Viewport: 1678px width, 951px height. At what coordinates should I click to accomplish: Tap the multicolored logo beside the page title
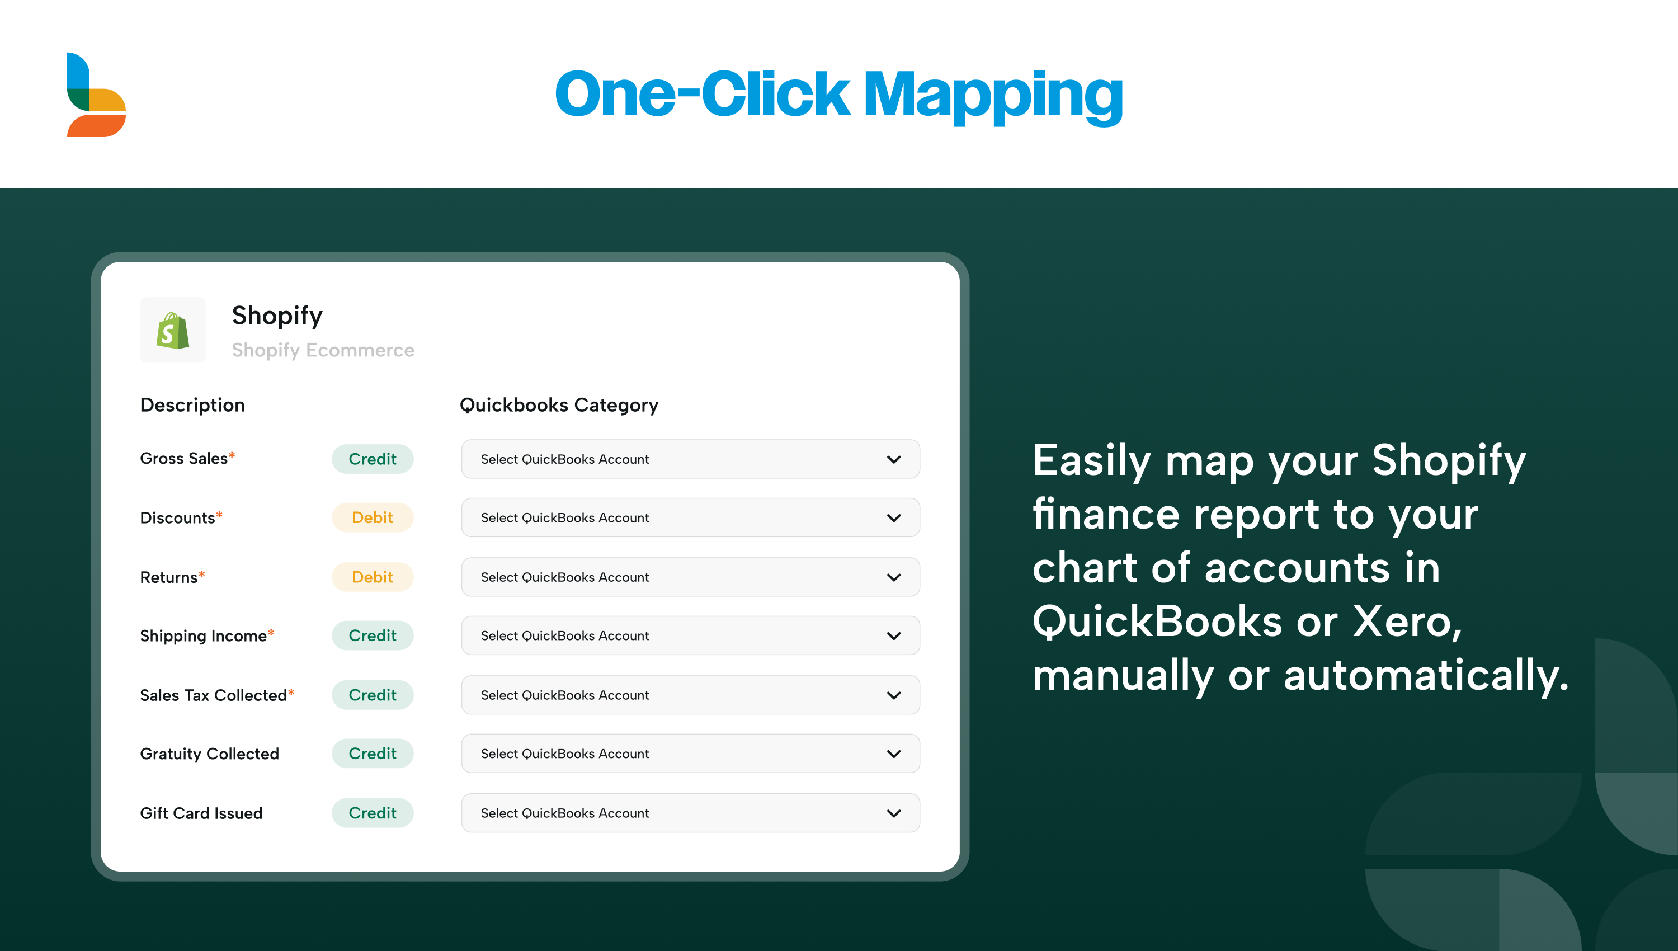tap(96, 95)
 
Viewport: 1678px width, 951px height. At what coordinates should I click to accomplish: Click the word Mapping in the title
tap(992, 96)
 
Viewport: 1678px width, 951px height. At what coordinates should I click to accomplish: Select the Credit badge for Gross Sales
tap(372, 459)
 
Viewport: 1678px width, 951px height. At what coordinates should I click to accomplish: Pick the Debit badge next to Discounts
tap(372, 518)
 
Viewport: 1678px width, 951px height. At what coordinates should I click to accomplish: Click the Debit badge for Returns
tap(372, 577)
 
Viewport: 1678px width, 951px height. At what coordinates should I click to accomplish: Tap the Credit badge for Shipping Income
tap(372, 635)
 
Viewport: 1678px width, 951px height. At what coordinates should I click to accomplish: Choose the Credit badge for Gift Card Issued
tap(372, 813)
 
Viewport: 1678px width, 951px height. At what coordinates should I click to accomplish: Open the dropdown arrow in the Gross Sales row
tap(894, 460)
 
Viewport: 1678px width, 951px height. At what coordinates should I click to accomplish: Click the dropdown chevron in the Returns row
tap(894, 577)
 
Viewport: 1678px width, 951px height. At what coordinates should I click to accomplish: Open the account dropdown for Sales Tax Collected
tap(690, 695)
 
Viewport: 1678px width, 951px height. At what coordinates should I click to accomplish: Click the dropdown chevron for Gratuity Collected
tap(894, 754)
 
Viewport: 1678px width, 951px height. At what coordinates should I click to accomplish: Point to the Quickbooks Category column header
tap(559, 406)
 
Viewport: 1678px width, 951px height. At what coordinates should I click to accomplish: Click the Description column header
tap(192, 406)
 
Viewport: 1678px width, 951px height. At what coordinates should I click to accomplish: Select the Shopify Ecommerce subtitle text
tap(323, 351)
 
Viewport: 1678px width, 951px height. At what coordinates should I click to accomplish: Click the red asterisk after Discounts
tap(219, 515)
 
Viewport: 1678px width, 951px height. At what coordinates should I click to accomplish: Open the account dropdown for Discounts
tap(690, 518)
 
